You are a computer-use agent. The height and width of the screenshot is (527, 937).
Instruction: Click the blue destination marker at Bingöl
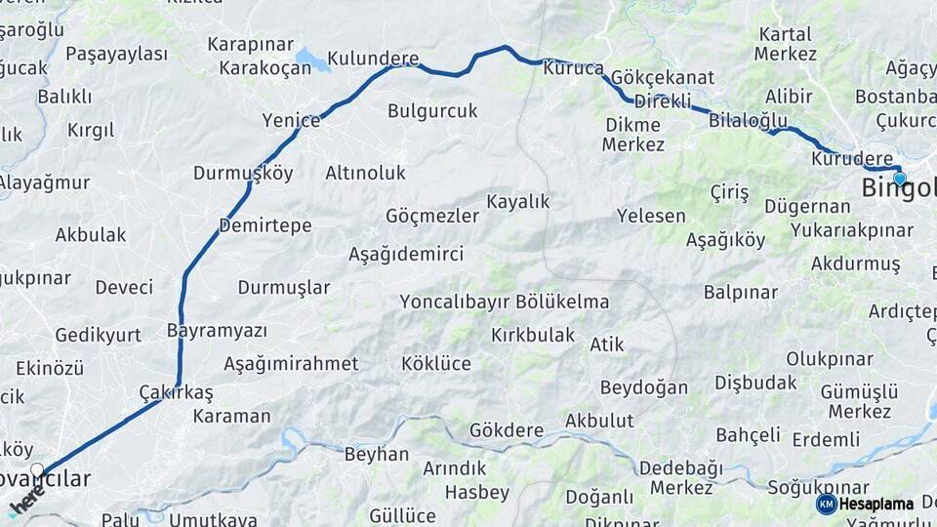[899, 179]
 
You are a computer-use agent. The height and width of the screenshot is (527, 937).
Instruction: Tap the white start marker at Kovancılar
[37, 470]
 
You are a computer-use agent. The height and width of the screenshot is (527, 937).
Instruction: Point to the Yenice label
[291, 120]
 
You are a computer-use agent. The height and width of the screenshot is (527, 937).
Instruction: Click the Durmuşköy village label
[243, 173]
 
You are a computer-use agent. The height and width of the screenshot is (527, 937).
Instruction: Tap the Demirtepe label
[265, 225]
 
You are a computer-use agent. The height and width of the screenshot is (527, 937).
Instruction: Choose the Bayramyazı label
[217, 330]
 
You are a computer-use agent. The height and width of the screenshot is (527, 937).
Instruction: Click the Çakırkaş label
[176, 391]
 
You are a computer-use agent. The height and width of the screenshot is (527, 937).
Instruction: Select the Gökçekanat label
[663, 77]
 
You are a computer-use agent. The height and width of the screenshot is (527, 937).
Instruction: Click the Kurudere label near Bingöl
[851, 158]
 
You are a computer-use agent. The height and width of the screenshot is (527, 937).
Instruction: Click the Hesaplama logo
[866, 504]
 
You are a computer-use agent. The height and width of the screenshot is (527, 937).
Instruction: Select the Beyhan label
[377, 454]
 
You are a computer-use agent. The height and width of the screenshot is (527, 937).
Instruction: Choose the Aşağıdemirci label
[406, 254]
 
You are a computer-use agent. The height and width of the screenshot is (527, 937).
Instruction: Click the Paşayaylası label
[117, 54]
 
